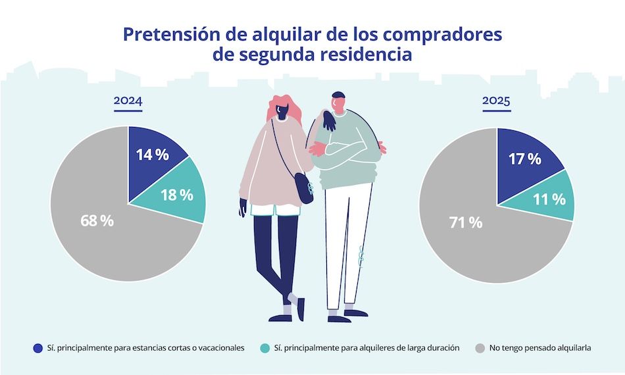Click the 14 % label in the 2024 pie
pos(153,155)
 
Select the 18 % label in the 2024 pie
pos(177,195)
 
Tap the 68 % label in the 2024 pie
pos(97,220)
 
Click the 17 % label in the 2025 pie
pos(524,159)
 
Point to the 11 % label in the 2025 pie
pos(549,199)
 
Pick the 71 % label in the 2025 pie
pos(466,223)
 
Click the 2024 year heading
pos(128,101)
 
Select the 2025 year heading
pos(496,101)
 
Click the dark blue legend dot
pos(37,347)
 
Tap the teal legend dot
pos(265,347)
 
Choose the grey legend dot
pos(480,347)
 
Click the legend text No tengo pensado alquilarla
pos(541,347)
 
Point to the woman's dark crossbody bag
pos(303,188)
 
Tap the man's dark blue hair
pos(338,95)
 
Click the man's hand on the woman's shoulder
pos(328,120)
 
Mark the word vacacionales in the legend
pos(218,347)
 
